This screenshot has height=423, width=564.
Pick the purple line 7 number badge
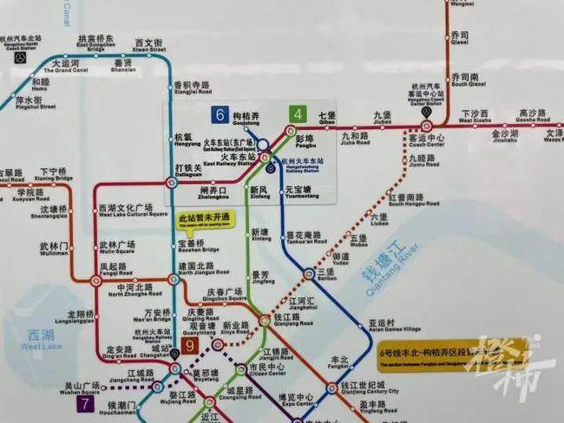point(85,403)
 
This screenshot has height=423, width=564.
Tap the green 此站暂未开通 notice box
point(205,219)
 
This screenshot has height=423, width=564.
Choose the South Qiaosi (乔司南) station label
point(463,80)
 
